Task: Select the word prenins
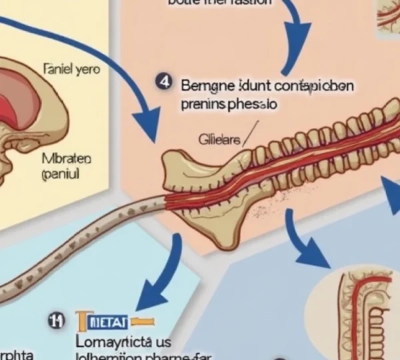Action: point(202,104)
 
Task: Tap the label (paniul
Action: point(60,174)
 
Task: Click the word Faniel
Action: point(58,68)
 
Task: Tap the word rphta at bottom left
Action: point(17,354)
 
